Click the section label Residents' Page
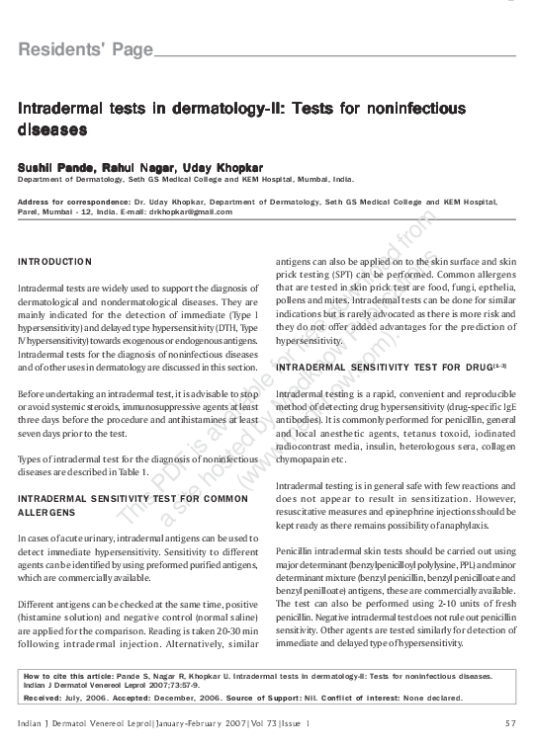(86, 49)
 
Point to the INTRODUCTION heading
(55, 262)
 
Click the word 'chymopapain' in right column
(308, 461)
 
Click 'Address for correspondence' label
(68, 202)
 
